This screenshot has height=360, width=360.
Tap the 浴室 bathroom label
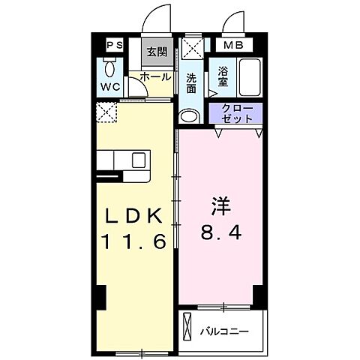tap(223, 76)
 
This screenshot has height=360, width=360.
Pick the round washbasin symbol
tap(189, 116)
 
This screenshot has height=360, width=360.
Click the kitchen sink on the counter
tap(139, 160)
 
